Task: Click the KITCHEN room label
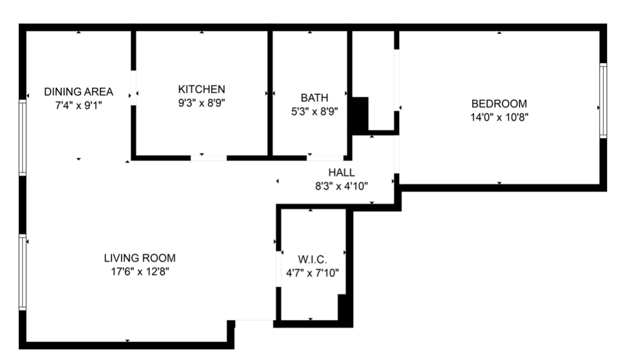click(201, 89)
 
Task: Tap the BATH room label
click(314, 98)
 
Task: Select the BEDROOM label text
click(499, 103)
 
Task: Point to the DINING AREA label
click(79, 92)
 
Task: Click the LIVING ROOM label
click(140, 258)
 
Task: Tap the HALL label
click(341, 173)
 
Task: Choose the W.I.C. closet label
click(312, 260)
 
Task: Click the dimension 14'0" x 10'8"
click(499, 118)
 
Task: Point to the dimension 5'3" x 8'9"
click(314, 111)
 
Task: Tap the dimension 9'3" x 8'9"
click(201, 103)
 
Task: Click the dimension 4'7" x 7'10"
click(312, 273)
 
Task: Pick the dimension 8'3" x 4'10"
click(341, 186)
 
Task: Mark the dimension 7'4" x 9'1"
click(79, 106)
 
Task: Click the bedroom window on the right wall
click(603, 101)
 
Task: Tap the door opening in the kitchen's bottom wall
click(209, 158)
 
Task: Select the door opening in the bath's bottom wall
click(325, 158)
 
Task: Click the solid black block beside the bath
click(360, 115)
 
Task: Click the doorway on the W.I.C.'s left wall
click(278, 269)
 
